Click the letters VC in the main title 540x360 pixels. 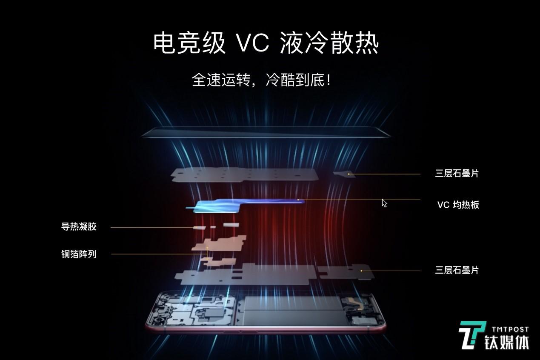(252, 43)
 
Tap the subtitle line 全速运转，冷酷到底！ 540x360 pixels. (261, 80)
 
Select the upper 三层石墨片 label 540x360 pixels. (457, 173)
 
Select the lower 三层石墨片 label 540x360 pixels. (457, 270)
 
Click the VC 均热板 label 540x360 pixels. (458, 205)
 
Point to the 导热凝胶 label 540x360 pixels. (79, 227)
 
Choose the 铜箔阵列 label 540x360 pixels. (79, 254)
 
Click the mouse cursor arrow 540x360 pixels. (384, 203)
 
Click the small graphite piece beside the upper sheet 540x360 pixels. (344, 174)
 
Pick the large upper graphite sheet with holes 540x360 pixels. (245, 174)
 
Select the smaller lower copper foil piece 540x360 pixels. (219, 262)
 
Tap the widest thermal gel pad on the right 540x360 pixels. (231, 225)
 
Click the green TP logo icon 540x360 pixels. (472, 335)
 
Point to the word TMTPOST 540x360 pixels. (510, 329)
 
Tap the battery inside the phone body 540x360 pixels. (293, 311)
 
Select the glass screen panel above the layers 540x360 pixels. (265, 132)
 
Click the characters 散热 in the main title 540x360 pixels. (354, 43)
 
